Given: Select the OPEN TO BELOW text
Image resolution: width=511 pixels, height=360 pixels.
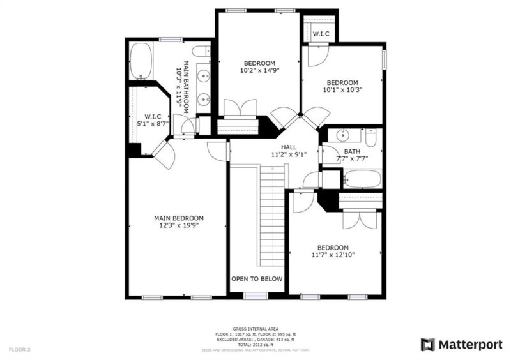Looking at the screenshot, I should (257, 279).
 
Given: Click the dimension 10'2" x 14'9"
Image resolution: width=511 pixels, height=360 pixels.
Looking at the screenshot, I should (259, 71).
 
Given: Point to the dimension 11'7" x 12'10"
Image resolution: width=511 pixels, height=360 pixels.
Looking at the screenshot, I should (333, 255).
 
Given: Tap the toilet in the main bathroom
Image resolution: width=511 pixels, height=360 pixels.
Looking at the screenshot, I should (201, 51).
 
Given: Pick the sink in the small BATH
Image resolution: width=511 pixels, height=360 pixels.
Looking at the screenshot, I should (344, 135).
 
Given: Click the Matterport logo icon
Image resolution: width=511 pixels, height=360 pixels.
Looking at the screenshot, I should (427, 345).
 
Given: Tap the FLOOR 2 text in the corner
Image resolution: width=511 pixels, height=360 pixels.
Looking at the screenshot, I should (19, 349).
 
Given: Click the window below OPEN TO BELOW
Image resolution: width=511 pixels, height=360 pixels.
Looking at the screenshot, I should (256, 296).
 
